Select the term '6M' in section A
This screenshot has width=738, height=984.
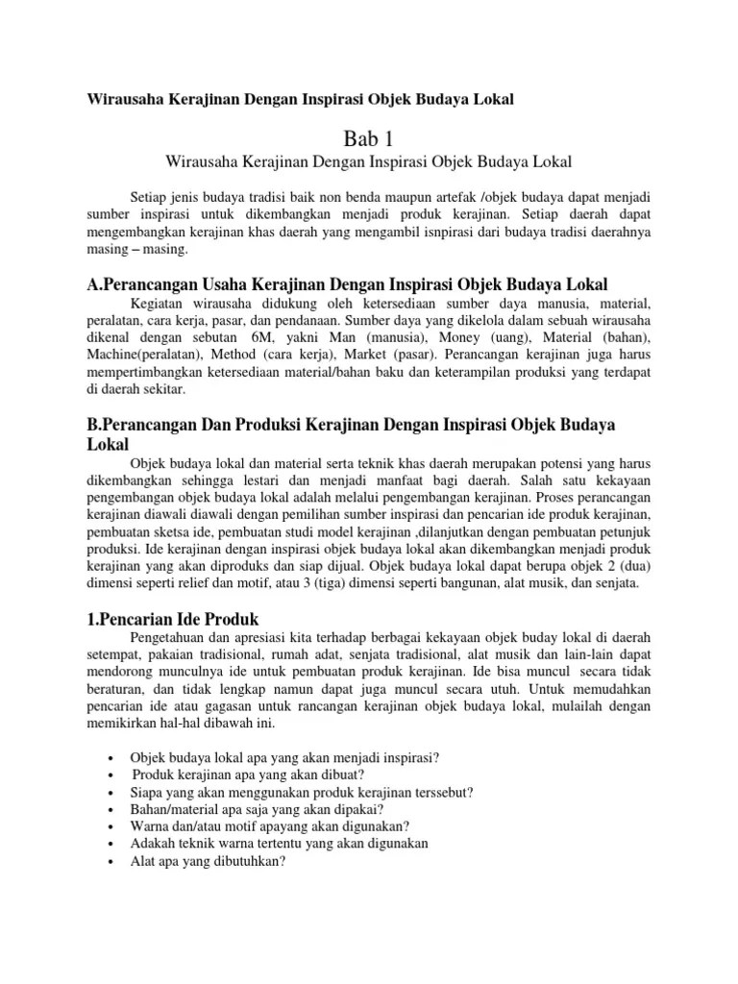[260, 339]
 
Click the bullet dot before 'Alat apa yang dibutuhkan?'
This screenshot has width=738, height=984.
[115, 862]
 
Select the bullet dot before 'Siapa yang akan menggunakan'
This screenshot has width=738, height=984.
[115, 793]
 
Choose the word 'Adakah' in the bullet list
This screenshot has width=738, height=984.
[153, 844]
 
